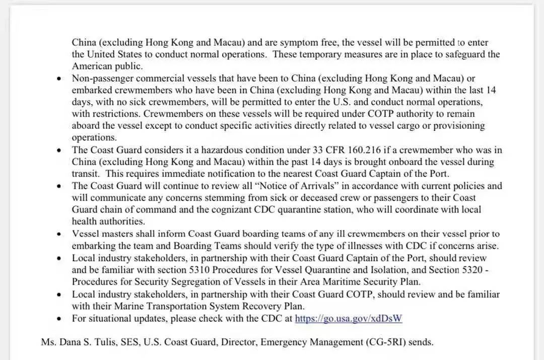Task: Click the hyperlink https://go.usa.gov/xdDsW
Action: click(349, 318)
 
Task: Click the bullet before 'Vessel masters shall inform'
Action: click(60, 234)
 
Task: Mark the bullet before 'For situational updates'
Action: click(60, 319)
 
